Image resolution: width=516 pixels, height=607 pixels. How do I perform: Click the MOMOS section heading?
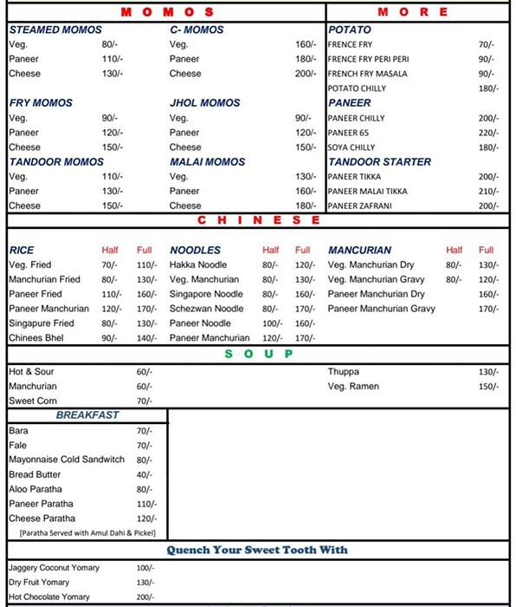(x=168, y=12)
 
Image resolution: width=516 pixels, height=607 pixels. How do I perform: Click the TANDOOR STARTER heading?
(x=379, y=162)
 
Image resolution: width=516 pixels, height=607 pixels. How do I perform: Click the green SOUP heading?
(x=259, y=354)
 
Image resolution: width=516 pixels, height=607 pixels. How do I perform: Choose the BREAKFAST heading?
(x=87, y=416)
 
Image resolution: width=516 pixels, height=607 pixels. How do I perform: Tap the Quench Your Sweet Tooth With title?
(x=256, y=551)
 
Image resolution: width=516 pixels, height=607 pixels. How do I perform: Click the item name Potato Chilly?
(x=356, y=88)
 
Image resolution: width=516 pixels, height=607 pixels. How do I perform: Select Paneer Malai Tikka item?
(x=367, y=192)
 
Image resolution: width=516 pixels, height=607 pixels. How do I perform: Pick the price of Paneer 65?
(x=488, y=133)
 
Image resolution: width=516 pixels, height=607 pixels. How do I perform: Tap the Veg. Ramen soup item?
(x=352, y=386)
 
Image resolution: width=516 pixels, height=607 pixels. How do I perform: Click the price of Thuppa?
(x=488, y=372)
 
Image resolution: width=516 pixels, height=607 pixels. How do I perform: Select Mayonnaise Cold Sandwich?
(x=67, y=460)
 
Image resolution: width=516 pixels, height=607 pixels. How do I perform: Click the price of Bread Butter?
(x=144, y=475)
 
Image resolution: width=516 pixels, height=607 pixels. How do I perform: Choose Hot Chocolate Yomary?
(x=49, y=597)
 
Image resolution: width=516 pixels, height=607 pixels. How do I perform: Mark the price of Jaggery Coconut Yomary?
(x=144, y=568)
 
